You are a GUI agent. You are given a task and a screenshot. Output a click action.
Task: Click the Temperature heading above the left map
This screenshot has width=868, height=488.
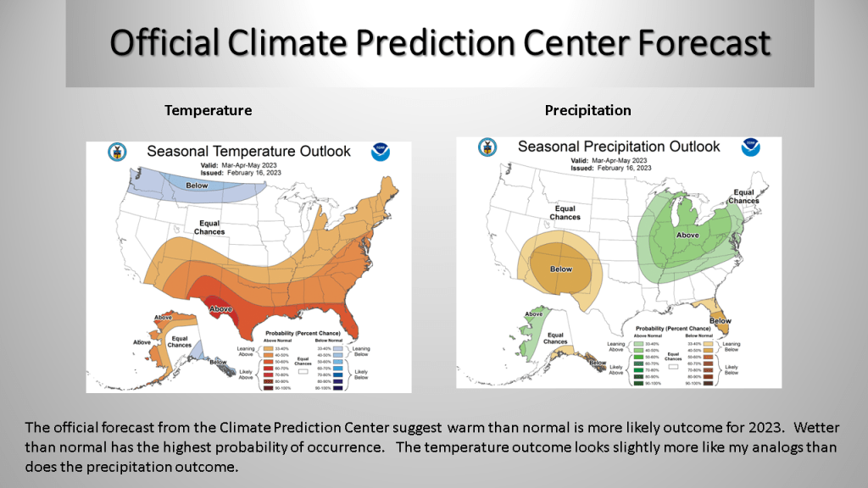pos(208,110)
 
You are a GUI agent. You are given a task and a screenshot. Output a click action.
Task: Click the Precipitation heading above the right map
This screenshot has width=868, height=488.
pos(587,110)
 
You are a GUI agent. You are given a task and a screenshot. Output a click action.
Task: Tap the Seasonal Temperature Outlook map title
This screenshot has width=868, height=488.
pos(248,152)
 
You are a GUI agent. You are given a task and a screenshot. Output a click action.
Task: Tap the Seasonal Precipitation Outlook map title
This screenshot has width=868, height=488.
pos(619,147)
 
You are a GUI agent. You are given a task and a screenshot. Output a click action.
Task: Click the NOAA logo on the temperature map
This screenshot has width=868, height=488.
pos(381,152)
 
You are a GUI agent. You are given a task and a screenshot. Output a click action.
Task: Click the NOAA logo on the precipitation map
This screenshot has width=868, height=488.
pos(750,147)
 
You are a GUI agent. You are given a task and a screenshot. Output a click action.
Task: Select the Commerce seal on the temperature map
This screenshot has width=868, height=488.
pos(115,152)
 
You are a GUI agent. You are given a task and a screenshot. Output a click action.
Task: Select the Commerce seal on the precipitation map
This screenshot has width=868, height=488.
pos(487,147)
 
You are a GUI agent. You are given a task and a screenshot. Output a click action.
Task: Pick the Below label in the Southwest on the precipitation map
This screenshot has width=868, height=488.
pos(561,269)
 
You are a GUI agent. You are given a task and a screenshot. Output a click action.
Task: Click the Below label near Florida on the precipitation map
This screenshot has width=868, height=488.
pos(720,321)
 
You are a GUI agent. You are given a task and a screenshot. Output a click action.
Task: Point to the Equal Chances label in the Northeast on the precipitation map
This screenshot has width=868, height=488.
pos(743,197)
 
